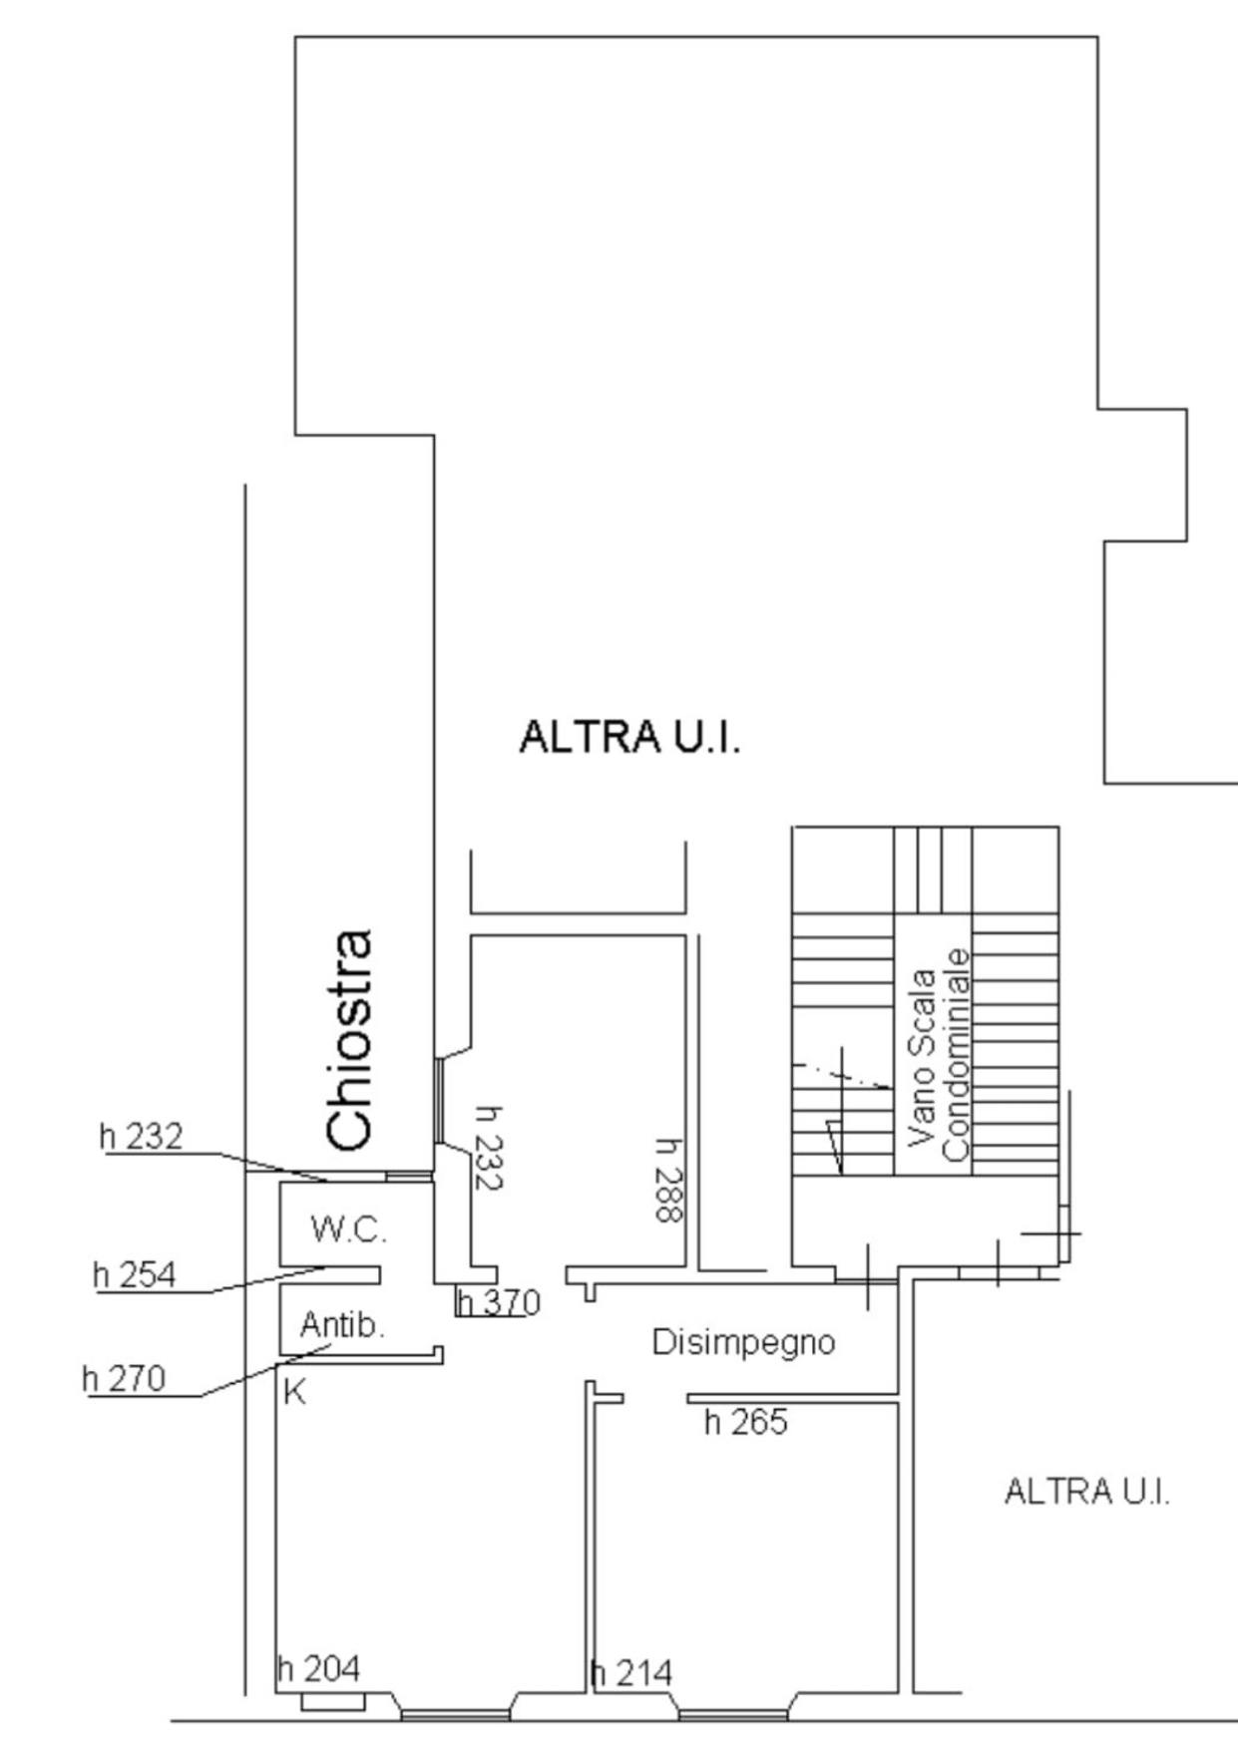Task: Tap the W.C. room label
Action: click(348, 1228)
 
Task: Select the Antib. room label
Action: click(342, 1325)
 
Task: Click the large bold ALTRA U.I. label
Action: click(629, 738)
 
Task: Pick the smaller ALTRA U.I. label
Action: click(1086, 1492)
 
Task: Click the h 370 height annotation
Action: click(499, 1302)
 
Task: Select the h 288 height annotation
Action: click(669, 1181)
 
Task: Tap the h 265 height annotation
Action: click(745, 1422)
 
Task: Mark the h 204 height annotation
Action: click(318, 1668)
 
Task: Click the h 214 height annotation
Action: click(631, 1672)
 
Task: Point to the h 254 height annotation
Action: click(134, 1274)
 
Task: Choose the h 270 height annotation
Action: click(124, 1378)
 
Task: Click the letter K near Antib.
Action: click(294, 1392)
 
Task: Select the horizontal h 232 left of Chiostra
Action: click(142, 1136)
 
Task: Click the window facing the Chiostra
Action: click(438, 1100)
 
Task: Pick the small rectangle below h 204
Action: click(333, 1701)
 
